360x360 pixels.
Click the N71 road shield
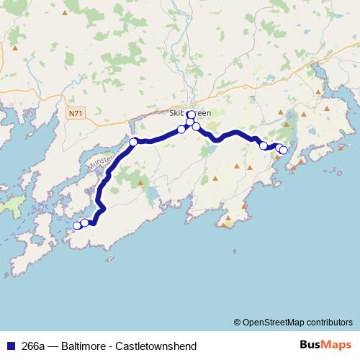[77, 114]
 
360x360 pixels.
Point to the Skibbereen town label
[190, 113]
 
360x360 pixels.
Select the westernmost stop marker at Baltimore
[77, 225]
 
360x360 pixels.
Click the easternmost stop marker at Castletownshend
[284, 150]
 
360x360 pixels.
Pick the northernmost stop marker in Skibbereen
[191, 114]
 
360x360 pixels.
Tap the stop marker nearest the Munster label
[133, 142]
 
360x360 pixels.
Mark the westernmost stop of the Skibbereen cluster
[181, 130]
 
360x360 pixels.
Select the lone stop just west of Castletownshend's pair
[264, 146]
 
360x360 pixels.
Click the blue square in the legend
[9, 346]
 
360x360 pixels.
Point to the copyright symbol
[238, 322]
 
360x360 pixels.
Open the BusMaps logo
[325, 345]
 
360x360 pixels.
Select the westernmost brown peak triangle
[15, 48]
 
